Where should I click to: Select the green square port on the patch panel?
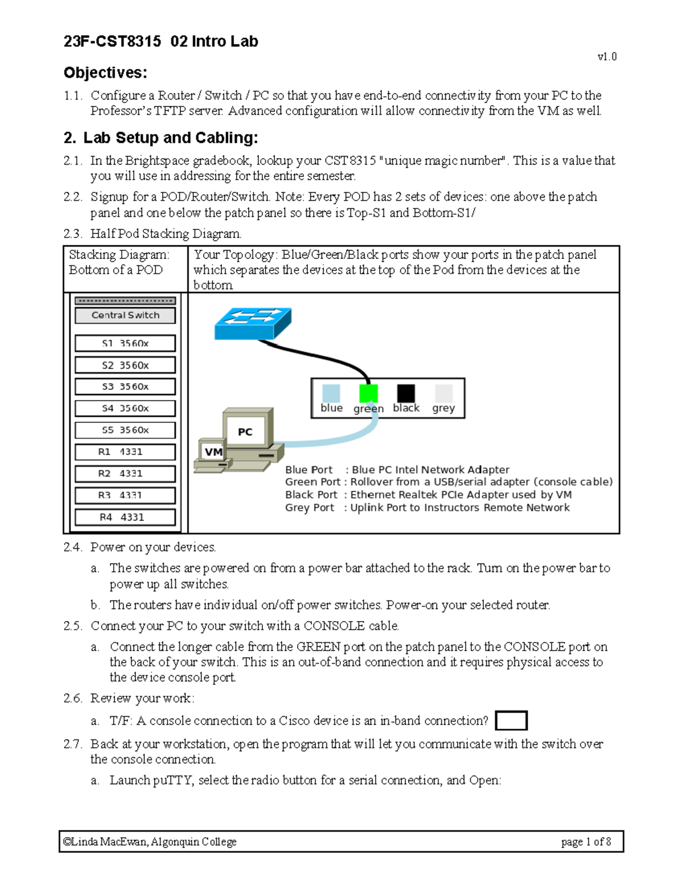(368, 393)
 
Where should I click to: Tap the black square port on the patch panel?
(406, 393)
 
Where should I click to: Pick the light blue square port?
(331, 393)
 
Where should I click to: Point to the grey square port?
(443, 393)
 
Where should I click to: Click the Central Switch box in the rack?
(125, 315)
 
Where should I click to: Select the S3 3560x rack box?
(125, 387)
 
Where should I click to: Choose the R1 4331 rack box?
(125, 452)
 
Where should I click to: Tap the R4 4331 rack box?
(125, 517)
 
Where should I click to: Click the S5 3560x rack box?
(125, 430)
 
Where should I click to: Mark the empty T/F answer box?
(511, 721)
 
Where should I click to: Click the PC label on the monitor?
(245, 432)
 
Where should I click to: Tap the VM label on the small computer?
(213, 452)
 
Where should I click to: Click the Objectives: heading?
(105, 73)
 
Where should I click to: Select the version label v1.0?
(607, 56)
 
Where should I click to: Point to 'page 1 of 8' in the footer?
(586, 842)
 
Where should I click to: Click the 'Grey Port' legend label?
(310, 508)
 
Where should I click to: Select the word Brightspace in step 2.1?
(158, 161)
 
